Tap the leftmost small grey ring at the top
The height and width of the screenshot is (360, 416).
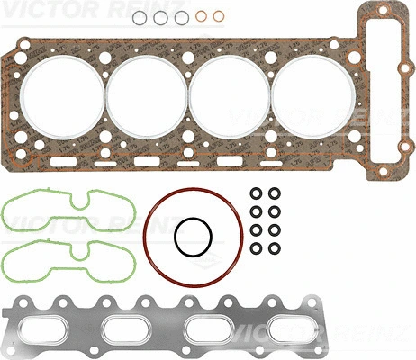click(139, 17)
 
